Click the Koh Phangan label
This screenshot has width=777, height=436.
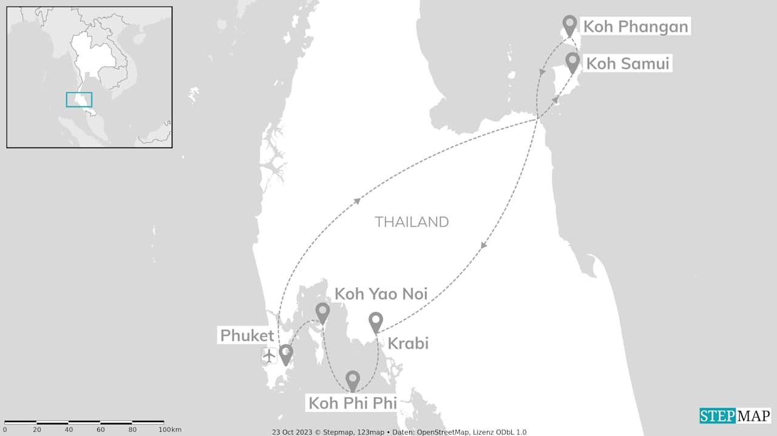point(636,27)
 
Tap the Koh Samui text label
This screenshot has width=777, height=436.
point(628,63)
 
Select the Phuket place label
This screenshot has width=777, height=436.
point(247,335)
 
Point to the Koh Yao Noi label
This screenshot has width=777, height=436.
point(381,294)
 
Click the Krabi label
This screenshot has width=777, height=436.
point(408,343)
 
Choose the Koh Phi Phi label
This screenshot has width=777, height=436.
point(353,403)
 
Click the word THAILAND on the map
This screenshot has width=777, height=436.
point(412,222)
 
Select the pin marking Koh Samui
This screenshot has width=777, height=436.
point(572,62)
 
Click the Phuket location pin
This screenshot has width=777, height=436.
point(285,354)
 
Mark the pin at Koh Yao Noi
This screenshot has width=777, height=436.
point(323,312)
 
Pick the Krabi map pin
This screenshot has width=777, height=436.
point(376,321)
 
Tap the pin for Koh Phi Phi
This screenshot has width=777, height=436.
point(353,380)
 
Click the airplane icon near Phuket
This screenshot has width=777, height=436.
point(269,355)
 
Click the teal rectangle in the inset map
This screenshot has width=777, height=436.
point(79,100)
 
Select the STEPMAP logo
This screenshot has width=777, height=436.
point(735,416)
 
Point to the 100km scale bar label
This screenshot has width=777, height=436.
point(166,430)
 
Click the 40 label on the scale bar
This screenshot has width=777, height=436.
point(69,430)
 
